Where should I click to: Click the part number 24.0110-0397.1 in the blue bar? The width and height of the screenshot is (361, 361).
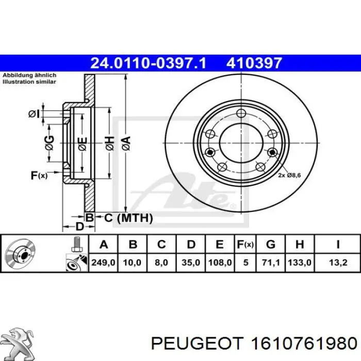coord(149,63)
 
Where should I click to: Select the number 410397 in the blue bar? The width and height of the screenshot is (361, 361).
coord(254,63)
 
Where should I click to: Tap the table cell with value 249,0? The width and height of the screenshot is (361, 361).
coord(103,262)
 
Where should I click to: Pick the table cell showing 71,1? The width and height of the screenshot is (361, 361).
coord(271,262)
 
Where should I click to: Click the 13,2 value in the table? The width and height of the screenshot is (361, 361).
coord(338,262)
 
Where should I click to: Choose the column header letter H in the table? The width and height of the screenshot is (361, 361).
coord(300,244)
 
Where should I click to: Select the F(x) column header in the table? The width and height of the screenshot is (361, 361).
coord(245,244)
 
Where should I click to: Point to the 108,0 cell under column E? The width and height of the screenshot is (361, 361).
coord(220,262)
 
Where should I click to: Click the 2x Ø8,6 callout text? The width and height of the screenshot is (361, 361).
coord(289,175)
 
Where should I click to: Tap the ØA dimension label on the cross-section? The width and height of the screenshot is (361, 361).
coord(126,143)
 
